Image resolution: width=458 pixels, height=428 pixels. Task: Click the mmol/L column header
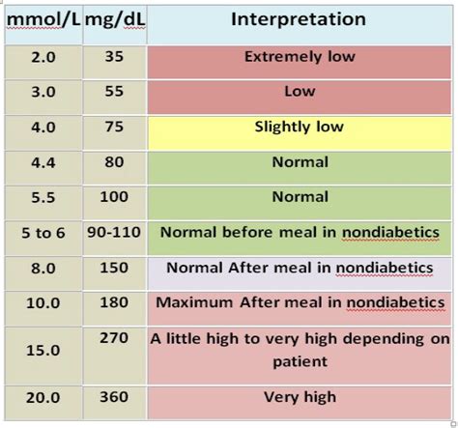pos(42,19)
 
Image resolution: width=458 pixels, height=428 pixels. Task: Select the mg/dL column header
pos(114,19)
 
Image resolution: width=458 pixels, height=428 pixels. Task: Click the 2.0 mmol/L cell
pos(42,57)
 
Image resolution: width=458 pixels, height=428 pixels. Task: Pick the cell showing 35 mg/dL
pos(114,57)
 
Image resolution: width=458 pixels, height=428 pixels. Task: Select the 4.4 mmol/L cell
pos(42,162)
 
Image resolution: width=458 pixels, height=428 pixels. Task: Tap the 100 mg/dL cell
pos(114,197)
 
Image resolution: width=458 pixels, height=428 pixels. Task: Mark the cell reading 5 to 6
pos(42,233)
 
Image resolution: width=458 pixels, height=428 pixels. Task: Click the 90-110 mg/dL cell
pos(114,233)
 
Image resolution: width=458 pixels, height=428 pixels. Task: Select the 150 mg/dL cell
pos(114,268)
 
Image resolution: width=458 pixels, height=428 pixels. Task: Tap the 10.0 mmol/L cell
pos(42,303)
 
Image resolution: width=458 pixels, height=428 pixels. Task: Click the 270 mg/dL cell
pos(114,340)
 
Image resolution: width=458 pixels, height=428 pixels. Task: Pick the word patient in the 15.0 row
pos(300,361)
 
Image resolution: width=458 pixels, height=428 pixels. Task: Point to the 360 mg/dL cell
pos(114,397)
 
